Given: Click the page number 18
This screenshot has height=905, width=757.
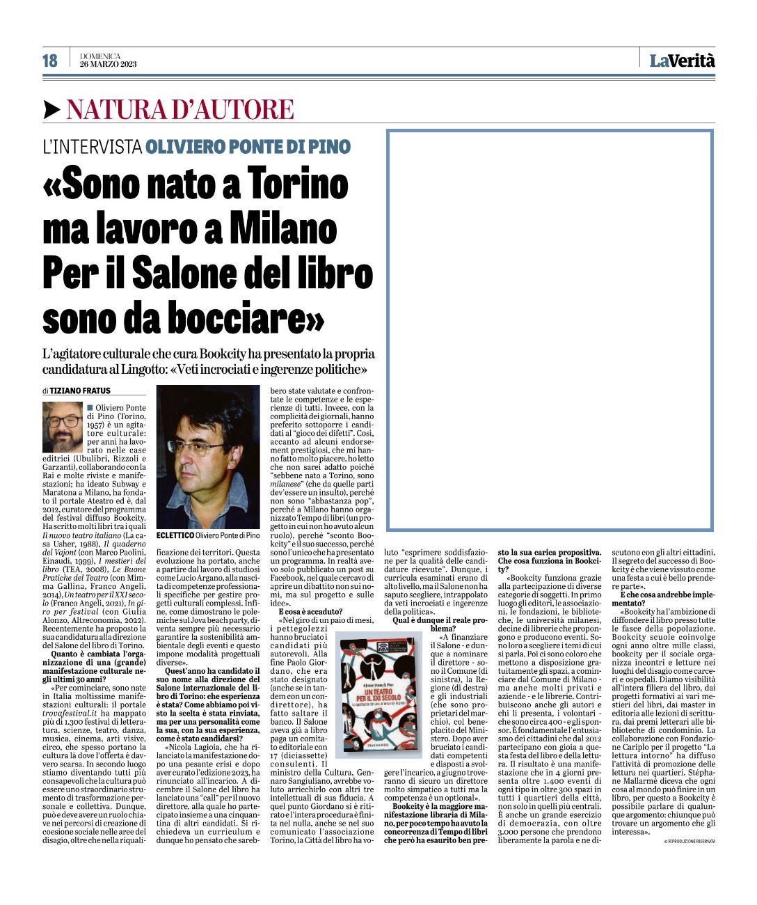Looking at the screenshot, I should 50,61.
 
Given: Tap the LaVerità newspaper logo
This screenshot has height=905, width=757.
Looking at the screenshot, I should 682,61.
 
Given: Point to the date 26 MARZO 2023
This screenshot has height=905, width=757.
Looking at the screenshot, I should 108,65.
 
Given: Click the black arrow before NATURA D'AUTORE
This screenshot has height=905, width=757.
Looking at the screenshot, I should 51,109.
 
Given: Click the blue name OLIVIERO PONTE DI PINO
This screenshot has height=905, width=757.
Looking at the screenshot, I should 248,147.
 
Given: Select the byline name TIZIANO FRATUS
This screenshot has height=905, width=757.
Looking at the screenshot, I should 80,391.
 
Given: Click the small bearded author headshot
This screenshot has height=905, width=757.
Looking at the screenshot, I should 63,427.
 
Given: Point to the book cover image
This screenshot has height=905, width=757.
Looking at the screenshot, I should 378,694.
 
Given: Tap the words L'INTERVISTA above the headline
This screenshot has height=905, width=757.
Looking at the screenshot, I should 92,147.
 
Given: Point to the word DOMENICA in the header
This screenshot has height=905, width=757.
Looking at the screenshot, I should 100,56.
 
